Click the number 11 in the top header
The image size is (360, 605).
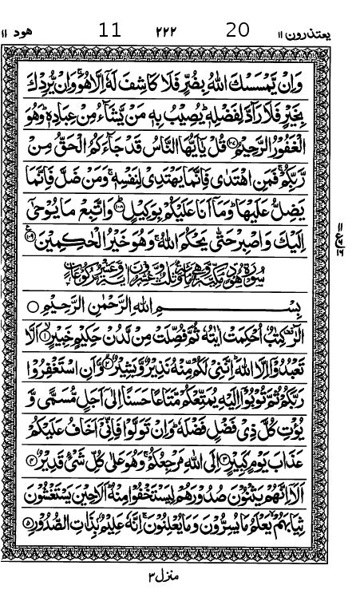(x=110, y=30)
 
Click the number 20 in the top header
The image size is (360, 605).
(x=238, y=30)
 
